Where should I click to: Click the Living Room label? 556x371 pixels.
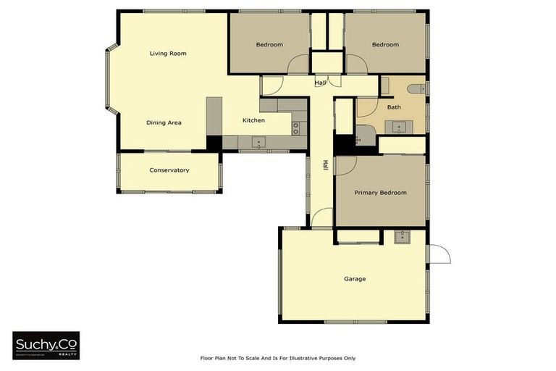pos(168,54)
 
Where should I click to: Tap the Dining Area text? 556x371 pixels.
pos(164,122)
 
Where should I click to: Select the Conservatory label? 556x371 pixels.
pos(169,170)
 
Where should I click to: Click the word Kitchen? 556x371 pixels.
pos(253,120)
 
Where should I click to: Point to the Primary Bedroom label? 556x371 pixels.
pos(380,193)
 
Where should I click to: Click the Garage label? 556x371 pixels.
pos(355,279)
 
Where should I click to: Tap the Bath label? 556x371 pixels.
pos(394,107)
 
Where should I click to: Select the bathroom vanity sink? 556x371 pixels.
pos(399,128)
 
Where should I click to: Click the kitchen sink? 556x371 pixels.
pos(257,142)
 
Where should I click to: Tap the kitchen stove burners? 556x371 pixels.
pos(295,128)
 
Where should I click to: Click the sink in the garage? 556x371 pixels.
pos(402,236)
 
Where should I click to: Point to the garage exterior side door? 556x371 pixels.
pos(439,254)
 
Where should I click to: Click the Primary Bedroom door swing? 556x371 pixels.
pos(344,165)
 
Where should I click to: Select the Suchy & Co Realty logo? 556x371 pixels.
pos(46,346)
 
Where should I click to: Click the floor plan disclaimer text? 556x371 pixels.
pos(278,358)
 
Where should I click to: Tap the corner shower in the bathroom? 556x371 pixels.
pos(364,136)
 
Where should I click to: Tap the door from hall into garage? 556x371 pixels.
pos(322,218)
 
